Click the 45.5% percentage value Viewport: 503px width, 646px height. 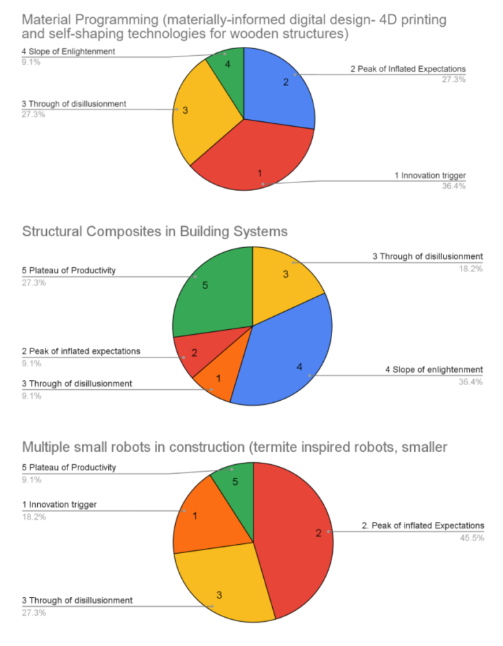473,537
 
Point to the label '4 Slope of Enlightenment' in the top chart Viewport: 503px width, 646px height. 68,52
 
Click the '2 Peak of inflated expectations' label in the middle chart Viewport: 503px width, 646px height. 81,351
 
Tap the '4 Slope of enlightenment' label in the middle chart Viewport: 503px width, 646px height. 434,370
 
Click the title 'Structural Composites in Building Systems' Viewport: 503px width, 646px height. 155,231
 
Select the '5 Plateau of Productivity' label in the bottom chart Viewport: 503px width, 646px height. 69,467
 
